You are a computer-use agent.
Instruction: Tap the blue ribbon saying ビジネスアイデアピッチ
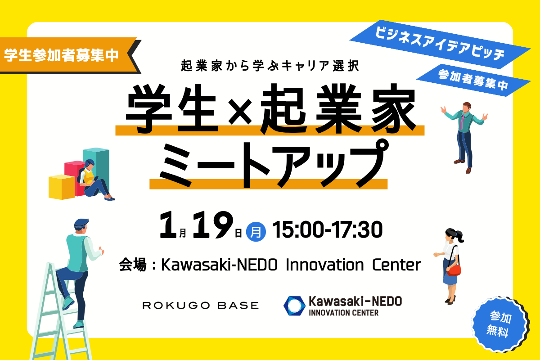click(x=440, y=45)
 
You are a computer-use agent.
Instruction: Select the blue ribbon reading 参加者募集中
click(x=473, y=80)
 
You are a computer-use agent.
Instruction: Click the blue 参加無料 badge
click(x=500, y=324)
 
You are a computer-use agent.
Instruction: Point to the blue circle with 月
click(x=256, y=232)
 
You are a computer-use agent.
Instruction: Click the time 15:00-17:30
click(x=327, y=230)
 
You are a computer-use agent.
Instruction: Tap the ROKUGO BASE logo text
click(x=201, y=306)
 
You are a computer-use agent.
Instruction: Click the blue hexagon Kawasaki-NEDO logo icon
click(x=294, y=306)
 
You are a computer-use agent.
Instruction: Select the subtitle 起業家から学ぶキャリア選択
click(x=270, y=66)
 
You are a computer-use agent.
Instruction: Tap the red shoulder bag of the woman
click(x=454, y=270)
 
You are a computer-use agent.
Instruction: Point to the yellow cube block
click(x=62, y=187)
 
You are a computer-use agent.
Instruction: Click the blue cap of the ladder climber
click(x=81, y=223)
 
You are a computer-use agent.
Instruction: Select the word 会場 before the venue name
click(x=133, y=265)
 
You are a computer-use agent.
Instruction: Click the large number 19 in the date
click(x=212, y=225)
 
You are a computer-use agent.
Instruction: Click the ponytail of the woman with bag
click(x=459, y=236)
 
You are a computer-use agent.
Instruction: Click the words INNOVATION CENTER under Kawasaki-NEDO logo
click(x=343, y=313)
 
